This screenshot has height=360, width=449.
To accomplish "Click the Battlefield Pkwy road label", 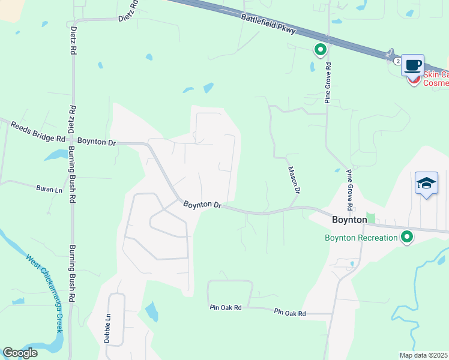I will pos(268,25).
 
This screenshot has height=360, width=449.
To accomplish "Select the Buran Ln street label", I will pos(49,189).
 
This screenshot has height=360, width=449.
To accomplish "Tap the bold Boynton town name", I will pos(349,220).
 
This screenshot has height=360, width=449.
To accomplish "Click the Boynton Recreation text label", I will pos(361,238).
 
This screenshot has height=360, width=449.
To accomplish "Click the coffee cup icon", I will pos(413,65).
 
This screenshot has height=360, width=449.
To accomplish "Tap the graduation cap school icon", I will pos(426,182).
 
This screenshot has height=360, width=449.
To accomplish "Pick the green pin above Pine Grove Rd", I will pos(321,50).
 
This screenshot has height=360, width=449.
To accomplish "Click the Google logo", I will pos(20,353).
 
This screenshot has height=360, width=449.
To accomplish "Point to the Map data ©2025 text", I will pos(424,355).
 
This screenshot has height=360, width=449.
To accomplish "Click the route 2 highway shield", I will pos(397,61).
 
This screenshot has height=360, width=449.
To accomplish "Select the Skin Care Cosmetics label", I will pos(436,79).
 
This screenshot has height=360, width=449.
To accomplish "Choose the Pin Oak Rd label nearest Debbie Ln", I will pos(226,307).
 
